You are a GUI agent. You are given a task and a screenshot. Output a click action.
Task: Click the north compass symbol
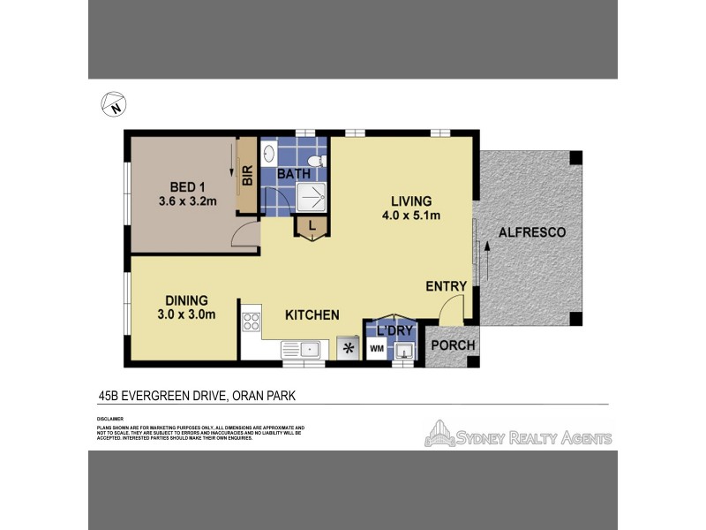coord(114,104)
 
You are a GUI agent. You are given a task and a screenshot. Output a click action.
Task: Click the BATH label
coord(294,174)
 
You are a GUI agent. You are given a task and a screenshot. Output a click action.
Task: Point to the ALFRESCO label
coord(531,232)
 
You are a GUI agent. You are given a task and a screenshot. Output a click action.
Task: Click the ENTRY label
coord(445,286)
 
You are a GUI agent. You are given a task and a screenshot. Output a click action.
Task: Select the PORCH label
coord(453,344)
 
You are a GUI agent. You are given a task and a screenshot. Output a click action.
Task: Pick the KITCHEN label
coord(312,314)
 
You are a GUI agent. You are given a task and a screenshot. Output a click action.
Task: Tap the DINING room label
coord(184,299)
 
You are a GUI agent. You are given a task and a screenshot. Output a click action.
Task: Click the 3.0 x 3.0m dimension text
coord(185,314)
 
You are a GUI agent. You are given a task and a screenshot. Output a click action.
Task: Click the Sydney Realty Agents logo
coord(519,435)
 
